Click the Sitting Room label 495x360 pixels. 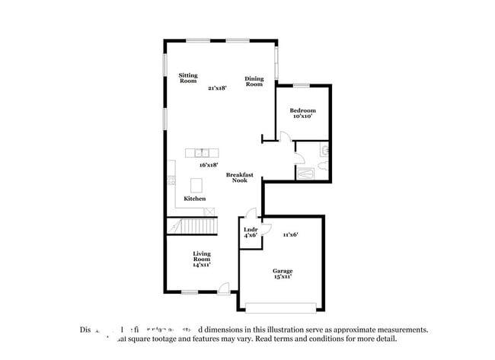(x=188, y=78)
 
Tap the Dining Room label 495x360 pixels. (x=254, y=81)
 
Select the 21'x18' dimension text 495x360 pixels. (x=217, y=88)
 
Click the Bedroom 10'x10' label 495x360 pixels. (x=302, y=113)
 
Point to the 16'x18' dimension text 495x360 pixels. (x=209, y=164)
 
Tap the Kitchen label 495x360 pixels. (x=194, y=199)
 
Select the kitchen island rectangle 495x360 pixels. (x=196, y=185)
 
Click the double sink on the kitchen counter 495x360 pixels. (x=202, y=152)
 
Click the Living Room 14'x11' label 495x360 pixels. (x=201, y=259)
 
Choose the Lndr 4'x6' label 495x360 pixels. (x=250, y=232)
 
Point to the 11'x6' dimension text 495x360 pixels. (x=290, y=234)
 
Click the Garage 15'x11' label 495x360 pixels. (x=283, y=274)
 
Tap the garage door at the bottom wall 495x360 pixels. (x=281, y=307)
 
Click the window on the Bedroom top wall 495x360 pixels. (x=302, y=84)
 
